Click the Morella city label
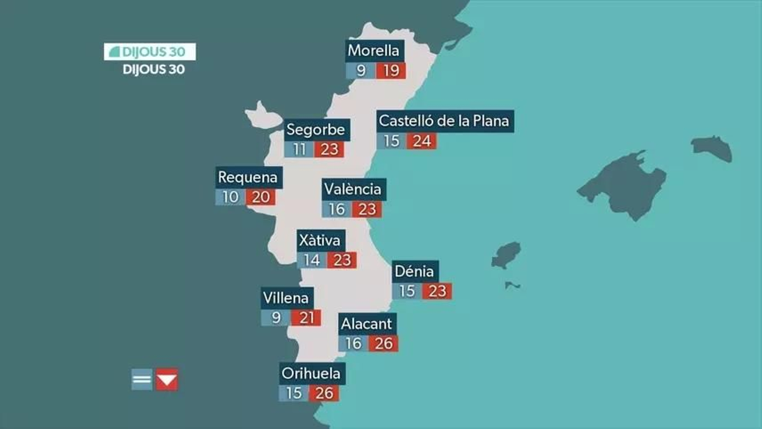(x=374, y=50)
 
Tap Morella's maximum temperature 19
(x=391, y=71)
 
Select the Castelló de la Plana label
(x=444, y=121)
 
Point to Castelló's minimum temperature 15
(x=391, y=141)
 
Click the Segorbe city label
(x=316, y=130)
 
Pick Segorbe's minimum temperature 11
(x=299, y=150)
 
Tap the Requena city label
(x=248, y=177)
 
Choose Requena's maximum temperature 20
(x=261, y=197)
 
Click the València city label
(x=353, y=189)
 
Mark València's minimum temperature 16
(x=337, y=209)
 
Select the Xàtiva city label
(x=320, y=240)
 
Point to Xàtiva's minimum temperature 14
(x=312, y=260)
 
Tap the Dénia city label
(x=414, y=271)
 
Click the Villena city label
(x=286, y=298)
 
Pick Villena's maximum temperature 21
(x=306, y=318)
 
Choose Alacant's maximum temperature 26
(x=383, y=343)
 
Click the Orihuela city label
(x=311, y=373)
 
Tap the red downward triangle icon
(x=167, y=379)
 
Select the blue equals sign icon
(x=142, y=379)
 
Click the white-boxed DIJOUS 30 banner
(x=150, y=52)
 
